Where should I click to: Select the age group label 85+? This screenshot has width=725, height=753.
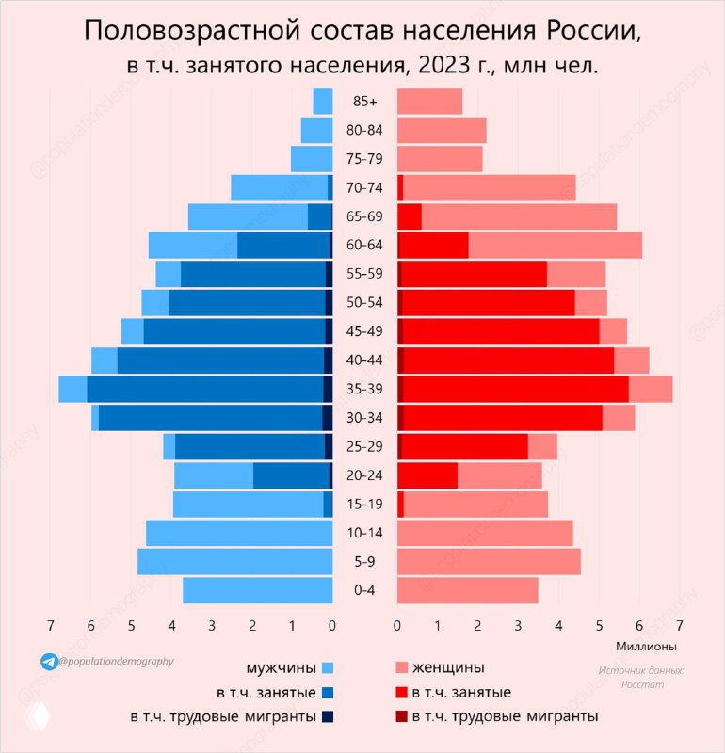coord(364,102)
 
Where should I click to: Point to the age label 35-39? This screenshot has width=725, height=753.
coord(364,389)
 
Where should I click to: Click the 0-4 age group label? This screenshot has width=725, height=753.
coord(364,590)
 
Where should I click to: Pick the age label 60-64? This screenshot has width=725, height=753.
coord(364,246)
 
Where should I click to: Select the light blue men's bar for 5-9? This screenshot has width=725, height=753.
coord(234,562)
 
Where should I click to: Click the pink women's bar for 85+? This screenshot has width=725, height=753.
coord(429,102)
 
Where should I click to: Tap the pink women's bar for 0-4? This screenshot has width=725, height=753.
coord(467,590)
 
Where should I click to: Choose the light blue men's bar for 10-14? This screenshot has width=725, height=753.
coord(239,533)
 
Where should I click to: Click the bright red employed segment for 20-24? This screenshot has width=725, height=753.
coord(429,475)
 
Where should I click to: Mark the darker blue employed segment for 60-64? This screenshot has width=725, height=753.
coord(282,246)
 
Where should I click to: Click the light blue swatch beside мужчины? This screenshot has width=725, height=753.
coord(328,668)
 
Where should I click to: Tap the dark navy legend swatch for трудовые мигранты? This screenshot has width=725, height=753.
coord(328,716)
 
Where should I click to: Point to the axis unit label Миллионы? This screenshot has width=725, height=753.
coord(646,647)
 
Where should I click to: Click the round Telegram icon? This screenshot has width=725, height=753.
coord(48,662)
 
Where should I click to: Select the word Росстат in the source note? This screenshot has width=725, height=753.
coord(642,684)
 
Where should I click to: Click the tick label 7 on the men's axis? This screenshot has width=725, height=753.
coord(51,624)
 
